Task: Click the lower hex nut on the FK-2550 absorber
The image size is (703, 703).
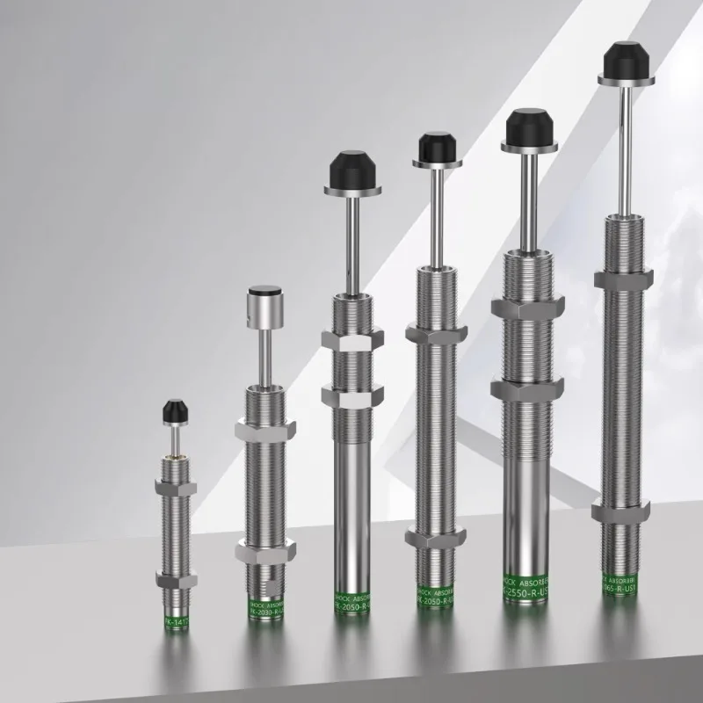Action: point(526,389)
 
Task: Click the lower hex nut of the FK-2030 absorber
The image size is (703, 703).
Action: point(262,550)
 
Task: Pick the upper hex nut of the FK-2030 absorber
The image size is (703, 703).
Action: point(262,430)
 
